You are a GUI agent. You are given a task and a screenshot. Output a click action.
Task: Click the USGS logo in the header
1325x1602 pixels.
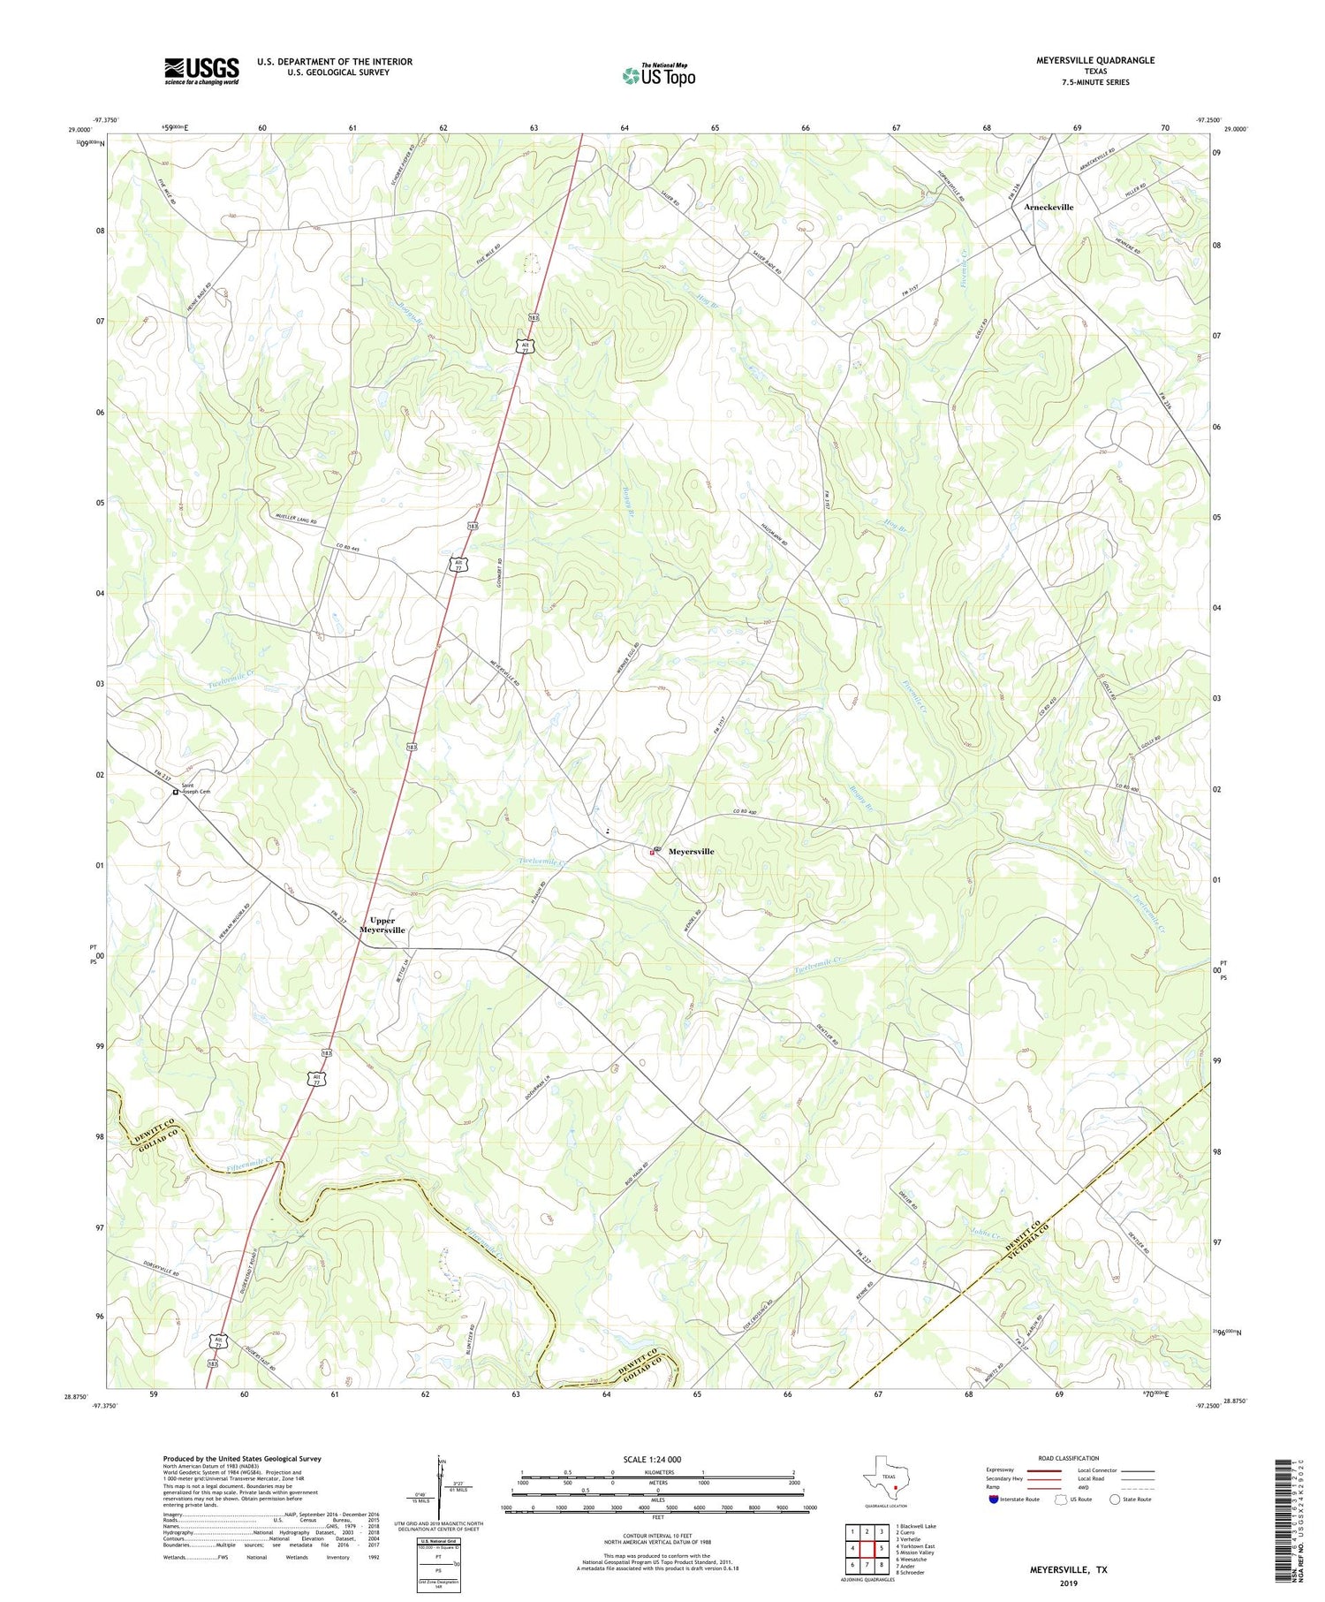point(201,71)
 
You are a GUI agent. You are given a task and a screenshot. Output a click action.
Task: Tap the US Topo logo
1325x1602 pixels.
point(658,75)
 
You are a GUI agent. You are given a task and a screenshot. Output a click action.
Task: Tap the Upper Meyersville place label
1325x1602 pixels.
point(382,925)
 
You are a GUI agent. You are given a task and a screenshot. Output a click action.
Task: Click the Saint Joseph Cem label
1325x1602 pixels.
point(196,787)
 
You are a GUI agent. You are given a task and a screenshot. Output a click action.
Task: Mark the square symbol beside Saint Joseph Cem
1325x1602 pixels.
point(176,793)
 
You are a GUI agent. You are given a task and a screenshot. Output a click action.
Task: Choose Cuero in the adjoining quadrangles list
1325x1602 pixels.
point(911,1532)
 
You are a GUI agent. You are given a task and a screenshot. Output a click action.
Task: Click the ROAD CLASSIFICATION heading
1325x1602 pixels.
point(1069,1458)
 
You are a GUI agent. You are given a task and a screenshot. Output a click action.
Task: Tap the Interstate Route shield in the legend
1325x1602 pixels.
point(994,1500)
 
